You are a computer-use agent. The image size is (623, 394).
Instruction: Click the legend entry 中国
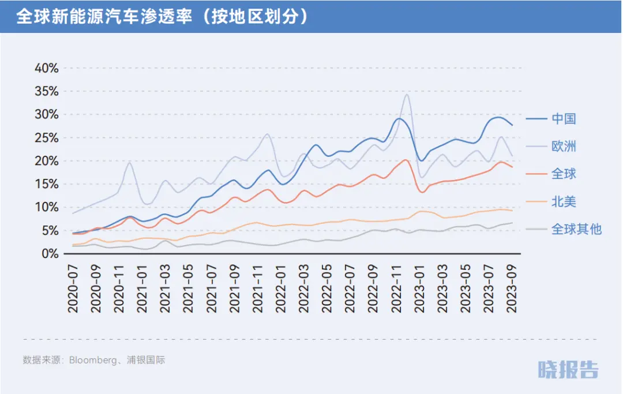[564, 119]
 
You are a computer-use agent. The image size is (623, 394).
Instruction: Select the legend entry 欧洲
[564, 147]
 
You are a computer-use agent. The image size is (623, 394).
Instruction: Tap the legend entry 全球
[564, 174]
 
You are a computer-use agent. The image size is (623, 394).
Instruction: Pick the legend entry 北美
[564, 202]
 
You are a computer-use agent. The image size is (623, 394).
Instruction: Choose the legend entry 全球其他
[576, 229]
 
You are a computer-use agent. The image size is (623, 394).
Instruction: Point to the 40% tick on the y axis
[47, 68]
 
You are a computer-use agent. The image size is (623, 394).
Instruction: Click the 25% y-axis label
[47, 138]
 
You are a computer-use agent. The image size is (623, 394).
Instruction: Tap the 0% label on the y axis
[50, 254]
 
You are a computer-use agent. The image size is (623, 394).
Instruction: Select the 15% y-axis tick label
[47, 184]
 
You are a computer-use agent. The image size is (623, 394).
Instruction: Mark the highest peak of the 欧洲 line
[407, 95]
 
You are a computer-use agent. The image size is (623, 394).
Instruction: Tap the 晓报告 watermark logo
[568, 369]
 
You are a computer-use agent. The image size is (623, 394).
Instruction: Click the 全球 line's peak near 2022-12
[406, 160]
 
